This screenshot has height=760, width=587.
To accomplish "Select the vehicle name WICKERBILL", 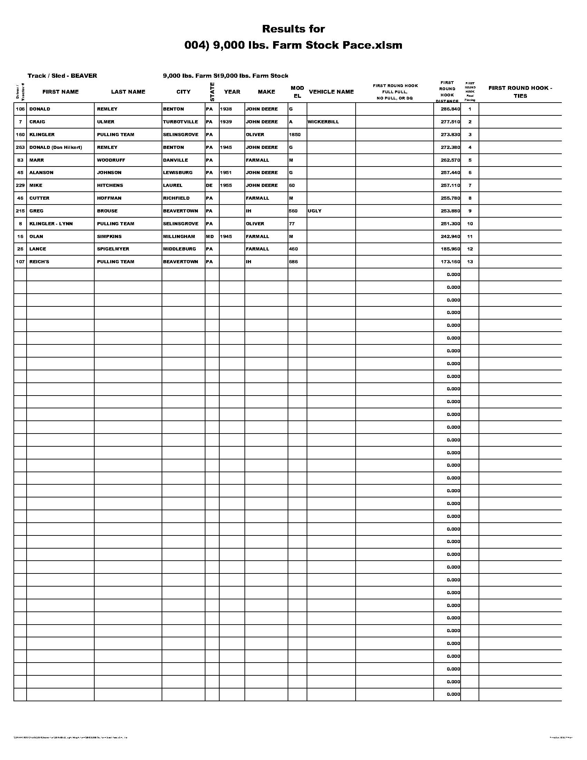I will click(x=323, y=122).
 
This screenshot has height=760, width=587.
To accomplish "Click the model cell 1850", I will click(x=295, y=134).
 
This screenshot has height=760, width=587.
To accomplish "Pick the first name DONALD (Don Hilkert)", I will click(x=56, y=147).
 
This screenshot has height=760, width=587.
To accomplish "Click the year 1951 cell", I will click(x=226, y=173).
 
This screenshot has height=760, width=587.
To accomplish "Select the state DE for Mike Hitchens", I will click(x=209, y=186).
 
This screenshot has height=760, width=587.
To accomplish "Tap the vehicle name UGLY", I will click(x=314, y=211).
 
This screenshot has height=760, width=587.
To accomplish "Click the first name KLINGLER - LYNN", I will click(x=51, y=224).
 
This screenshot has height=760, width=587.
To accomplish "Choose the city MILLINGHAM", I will click(x=179, y=236).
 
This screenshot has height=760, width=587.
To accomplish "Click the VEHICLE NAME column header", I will click(x=331, y=92).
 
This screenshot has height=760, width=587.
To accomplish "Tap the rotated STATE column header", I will click(x=212, y=92).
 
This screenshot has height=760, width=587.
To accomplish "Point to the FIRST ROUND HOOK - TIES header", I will click(x=520, y=92).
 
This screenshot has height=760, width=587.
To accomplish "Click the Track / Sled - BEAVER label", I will click(x=62, y=76).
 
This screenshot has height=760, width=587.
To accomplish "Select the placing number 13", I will click(x=470, y=262).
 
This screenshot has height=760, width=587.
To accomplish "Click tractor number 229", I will click(x=20, y=186).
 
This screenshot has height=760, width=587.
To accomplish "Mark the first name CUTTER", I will click(x=39, y=198).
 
